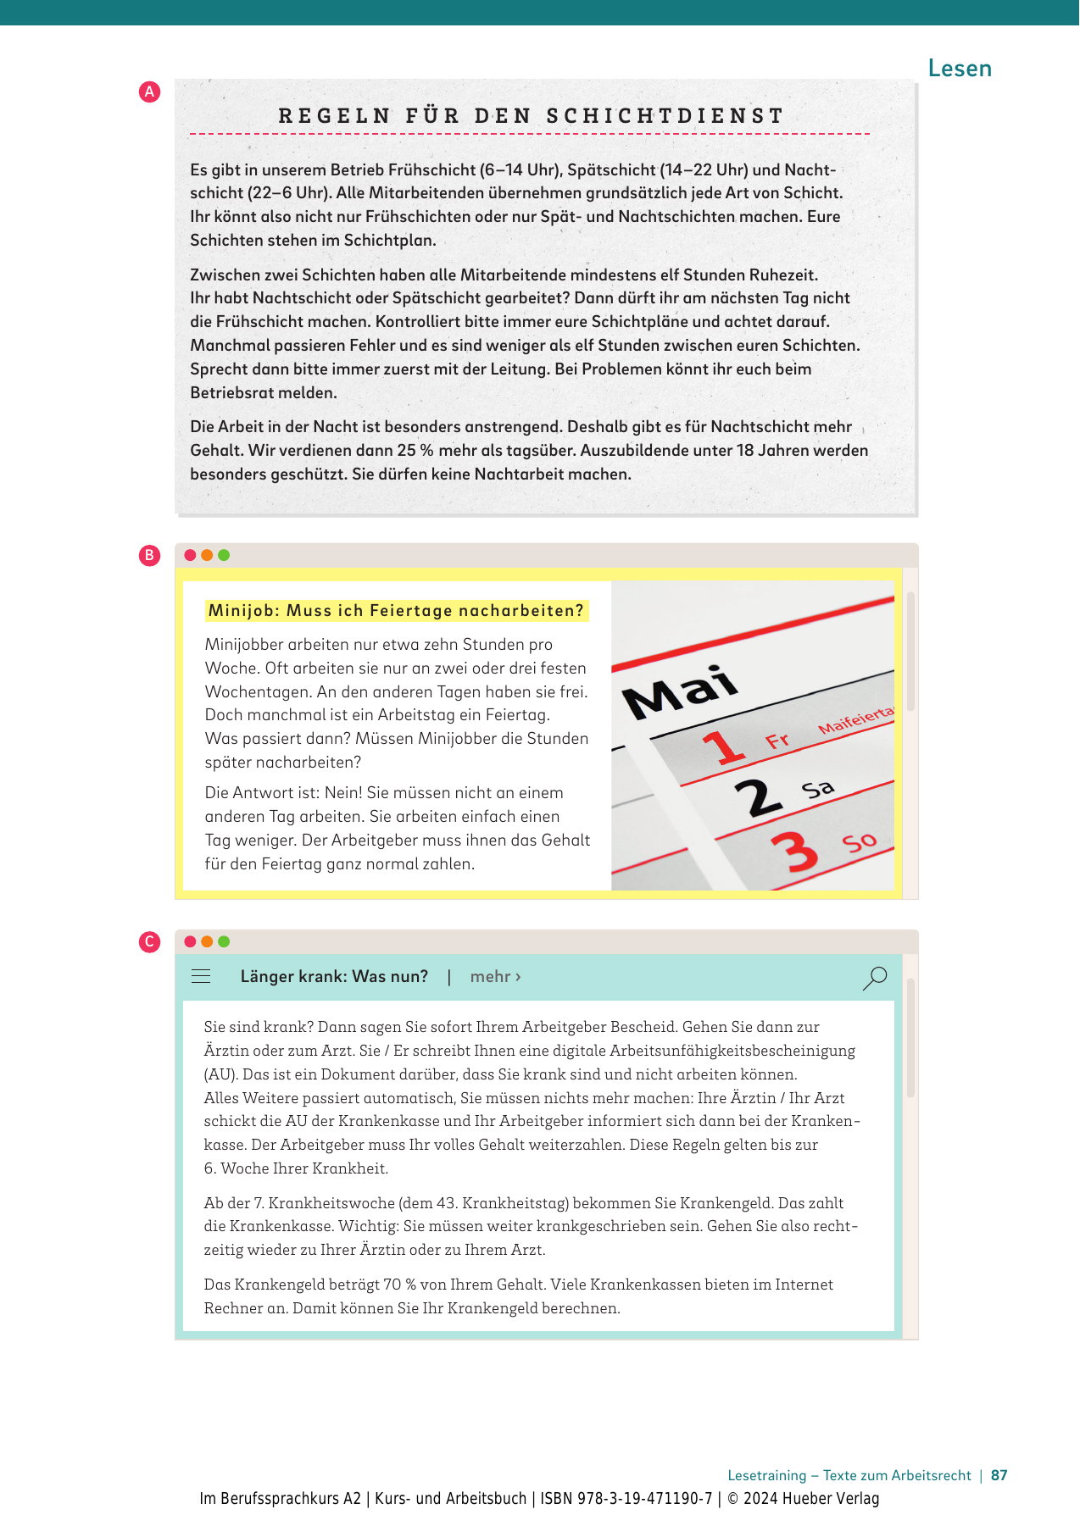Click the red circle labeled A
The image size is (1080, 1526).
click(x=149, y=92)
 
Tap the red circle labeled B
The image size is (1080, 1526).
click(x=149, y=556)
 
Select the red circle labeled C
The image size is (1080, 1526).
click(x=149, y=942)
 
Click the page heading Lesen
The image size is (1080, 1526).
click(x=960, y=69)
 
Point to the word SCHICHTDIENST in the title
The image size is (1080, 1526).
click(x=665, y=116)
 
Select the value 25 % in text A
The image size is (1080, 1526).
click(x=415, y=451)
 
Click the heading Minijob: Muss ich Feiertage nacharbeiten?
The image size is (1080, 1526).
click(x=396, y=611)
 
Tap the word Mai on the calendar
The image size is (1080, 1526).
click(x=680, y=692)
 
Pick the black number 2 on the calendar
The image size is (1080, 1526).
click(x=758, y=797)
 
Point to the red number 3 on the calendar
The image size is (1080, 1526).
click(x=794, y=852)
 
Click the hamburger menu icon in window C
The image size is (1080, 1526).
click(x=201, y=977)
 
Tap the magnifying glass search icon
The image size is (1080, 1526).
click(x=874, y=978)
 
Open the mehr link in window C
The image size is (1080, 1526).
click(x=495, y=977)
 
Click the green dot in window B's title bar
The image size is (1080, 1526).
click(x=224, y=556)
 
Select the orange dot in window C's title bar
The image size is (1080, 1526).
click(x=207, y=942)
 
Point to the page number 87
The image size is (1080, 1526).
click(x=999, y=1475)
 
